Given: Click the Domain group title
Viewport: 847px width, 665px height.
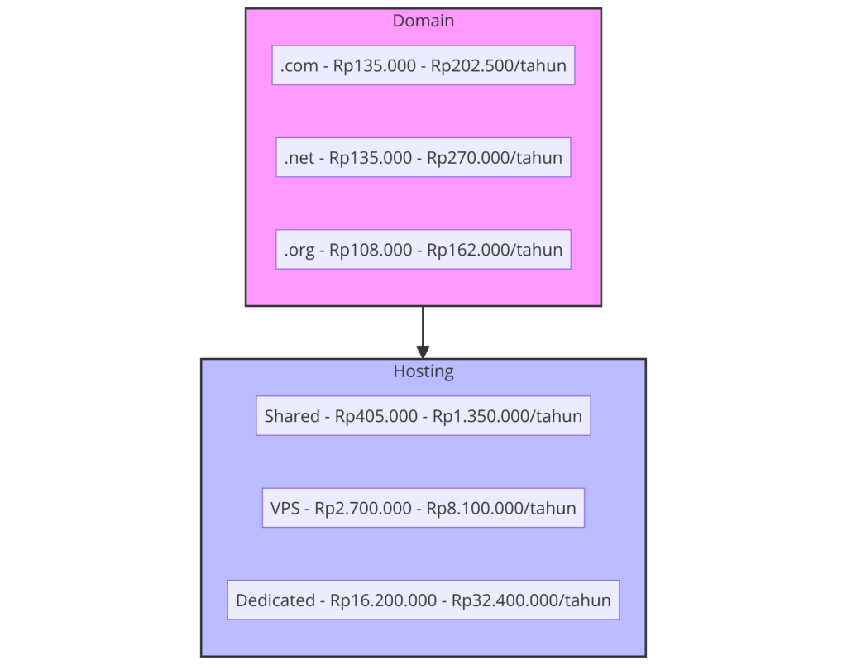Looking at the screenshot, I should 423,21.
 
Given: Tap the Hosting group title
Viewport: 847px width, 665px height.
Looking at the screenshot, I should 423,371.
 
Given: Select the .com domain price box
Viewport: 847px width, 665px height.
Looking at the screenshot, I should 423,65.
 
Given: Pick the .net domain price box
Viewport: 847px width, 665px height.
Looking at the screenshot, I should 423,157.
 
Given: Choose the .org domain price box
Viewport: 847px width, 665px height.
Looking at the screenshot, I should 423,249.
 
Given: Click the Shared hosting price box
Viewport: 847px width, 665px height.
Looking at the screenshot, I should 423,416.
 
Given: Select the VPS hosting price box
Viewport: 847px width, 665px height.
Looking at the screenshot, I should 423,508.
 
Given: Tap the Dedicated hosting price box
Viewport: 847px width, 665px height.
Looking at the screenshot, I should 423,600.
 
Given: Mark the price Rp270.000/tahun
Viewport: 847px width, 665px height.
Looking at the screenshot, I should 495,158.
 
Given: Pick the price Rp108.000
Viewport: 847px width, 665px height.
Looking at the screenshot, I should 371,250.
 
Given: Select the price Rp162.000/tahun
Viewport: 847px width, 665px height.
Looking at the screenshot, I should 495,250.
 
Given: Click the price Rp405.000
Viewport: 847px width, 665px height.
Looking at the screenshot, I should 376,416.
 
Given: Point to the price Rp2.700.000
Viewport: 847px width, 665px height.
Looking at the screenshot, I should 363,508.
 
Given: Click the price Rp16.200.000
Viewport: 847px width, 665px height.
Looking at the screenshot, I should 383,600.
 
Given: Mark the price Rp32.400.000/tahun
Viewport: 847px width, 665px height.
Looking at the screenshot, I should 531,600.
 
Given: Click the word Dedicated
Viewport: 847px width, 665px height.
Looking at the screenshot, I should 275,600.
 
